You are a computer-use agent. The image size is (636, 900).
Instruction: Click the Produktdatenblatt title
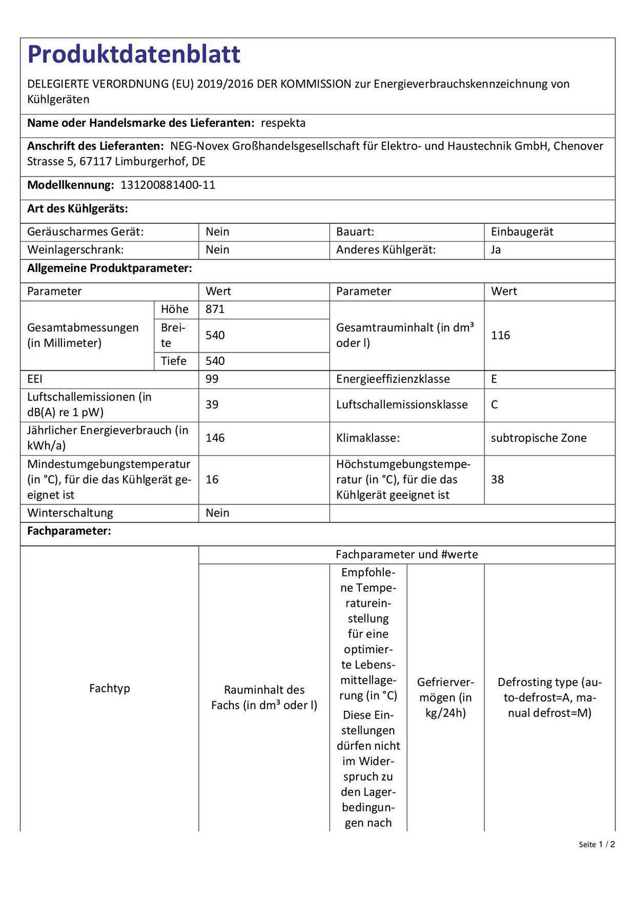[x=134, y=54]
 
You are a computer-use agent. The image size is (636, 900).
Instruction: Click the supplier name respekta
[x=283, y=123]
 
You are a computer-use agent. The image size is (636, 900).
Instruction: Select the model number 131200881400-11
[x=168, y=185]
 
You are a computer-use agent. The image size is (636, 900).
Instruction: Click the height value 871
[x=215, y=309]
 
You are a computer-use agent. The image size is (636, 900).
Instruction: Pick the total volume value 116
[x=500, y=335]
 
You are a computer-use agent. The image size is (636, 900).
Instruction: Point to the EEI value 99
[x=212, y=379]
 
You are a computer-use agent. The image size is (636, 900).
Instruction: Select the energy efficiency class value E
[x=494, y=379]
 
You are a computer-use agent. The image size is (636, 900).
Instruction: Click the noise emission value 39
[x=212, y=405]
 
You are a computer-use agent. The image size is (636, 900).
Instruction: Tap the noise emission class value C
[x=494, y=405]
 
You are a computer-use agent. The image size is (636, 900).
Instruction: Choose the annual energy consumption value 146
[x=215, y=438]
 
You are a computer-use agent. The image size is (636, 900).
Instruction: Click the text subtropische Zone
[x=538, y=438]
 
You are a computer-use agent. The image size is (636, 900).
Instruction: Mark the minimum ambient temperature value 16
[x=212, y=479]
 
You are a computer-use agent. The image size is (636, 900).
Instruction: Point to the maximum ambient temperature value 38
[x=497, y=479]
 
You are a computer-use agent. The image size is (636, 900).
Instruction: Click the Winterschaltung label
[x=70, y=513]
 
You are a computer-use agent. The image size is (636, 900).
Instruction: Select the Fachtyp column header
[x=109, y=688]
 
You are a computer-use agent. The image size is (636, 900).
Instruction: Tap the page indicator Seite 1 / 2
[x=597, y=844]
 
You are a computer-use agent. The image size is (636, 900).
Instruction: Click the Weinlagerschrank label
[x=75, y=250]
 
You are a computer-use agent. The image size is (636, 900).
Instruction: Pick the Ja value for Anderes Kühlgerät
[x=496, y=250]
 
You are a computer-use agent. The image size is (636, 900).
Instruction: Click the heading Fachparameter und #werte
[x=407, y=555]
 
